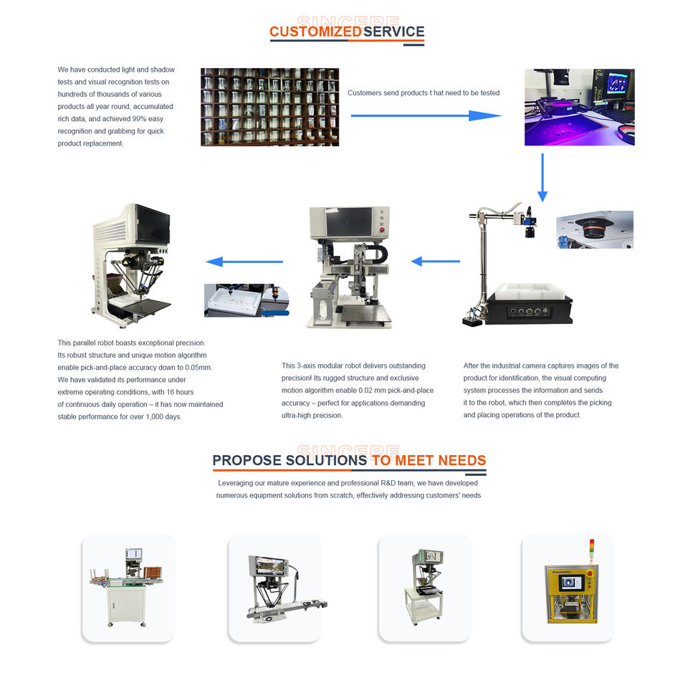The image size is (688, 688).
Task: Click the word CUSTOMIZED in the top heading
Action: pos(315,32)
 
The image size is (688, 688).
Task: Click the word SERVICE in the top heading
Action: pos(394,32)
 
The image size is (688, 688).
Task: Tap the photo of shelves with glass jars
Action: pos(270,107)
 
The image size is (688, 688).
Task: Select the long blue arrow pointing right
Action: pos(426,116)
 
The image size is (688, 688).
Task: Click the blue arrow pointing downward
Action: pos(543,177)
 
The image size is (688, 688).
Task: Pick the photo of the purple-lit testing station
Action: pos(580,107)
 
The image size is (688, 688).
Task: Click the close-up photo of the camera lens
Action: pos(595,229)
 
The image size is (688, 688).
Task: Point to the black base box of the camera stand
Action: pos(530,309)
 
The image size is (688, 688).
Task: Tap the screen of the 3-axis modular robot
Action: pos(349,222)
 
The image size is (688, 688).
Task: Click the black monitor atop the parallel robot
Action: pos(152,224)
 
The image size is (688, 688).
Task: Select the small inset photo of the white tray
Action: pos(247,300)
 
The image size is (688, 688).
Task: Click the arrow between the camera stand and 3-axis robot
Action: pos(436,262)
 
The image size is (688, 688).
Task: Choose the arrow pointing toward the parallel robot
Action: pos(244,262)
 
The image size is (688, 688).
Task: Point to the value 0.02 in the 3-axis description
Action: pos(366,391)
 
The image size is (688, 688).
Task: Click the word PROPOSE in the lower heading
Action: pos(247,460)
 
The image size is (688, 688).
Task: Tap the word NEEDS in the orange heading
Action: pos(462,460)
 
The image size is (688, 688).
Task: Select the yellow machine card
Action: pos(568,588)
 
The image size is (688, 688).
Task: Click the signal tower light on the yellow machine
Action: pos(591,550)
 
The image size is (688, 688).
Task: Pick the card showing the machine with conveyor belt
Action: pos(275,588)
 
